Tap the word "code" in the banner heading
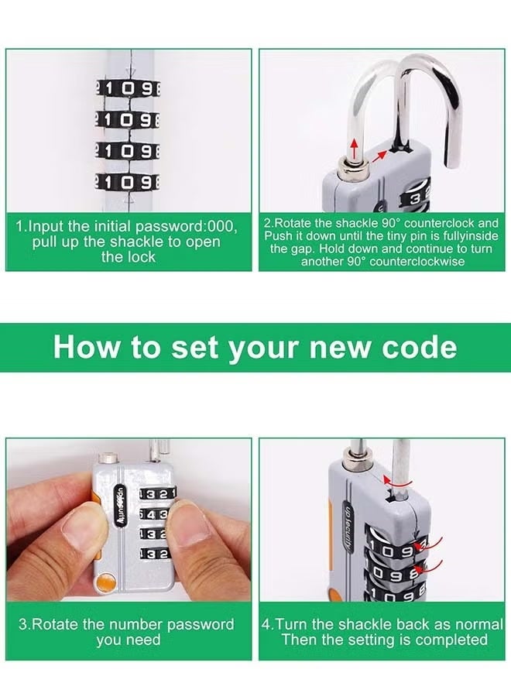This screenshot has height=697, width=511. pos(419,348)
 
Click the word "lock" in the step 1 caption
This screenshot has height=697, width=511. pos(140,257)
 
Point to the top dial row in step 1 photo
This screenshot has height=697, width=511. pos(128,89)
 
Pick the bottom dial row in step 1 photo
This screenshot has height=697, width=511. pos(128,183)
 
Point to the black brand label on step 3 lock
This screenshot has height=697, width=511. pos(120,508)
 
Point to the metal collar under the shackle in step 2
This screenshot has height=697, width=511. pos(353,160)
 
